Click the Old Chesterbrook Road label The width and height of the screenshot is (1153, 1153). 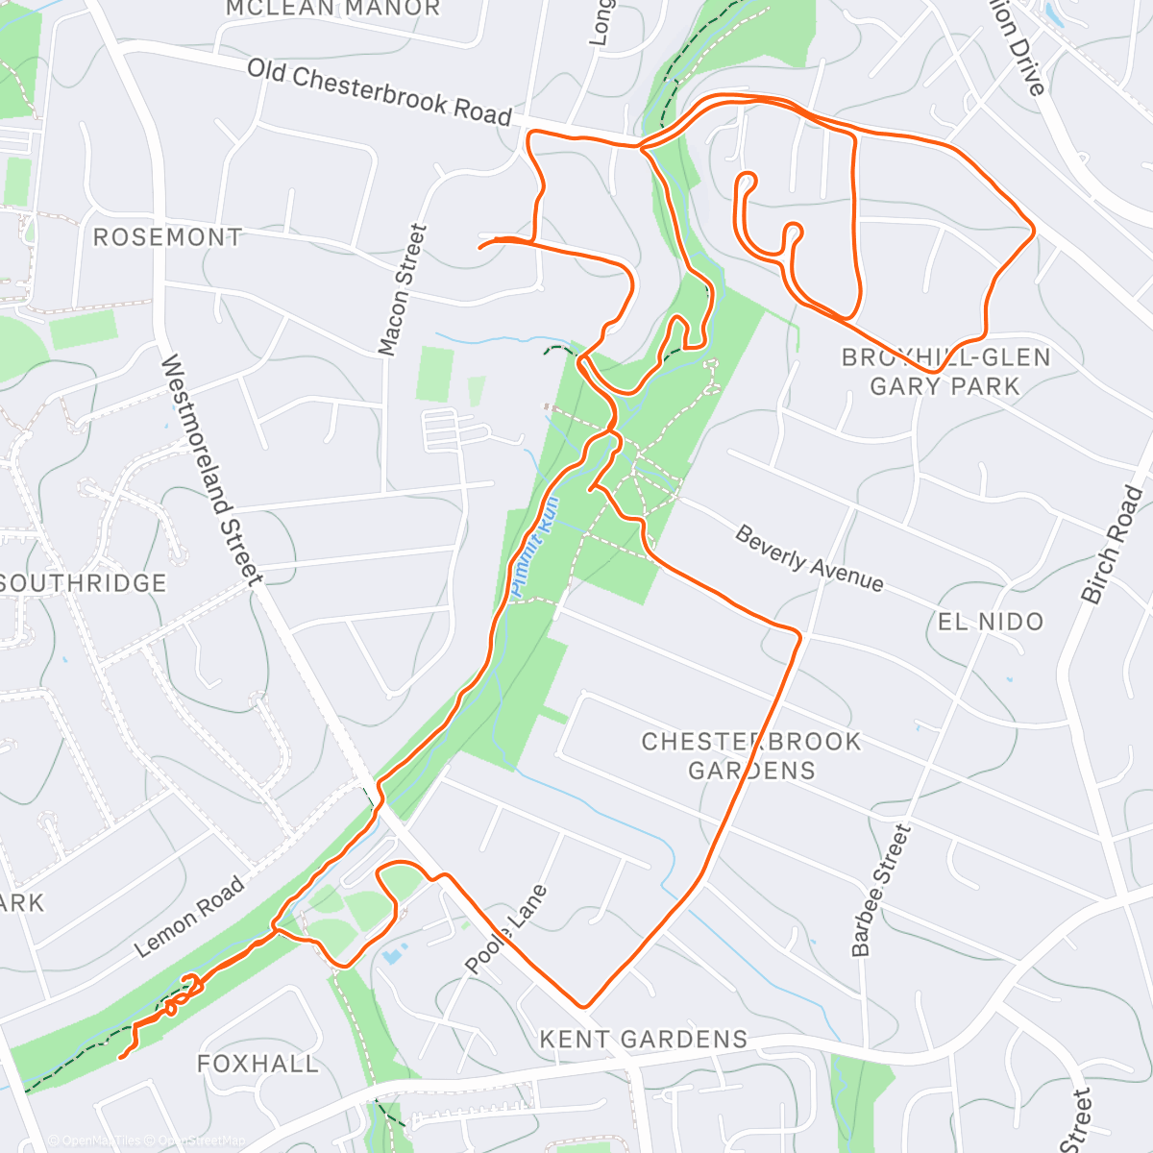coord(380,93)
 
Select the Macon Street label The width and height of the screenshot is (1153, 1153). coord(402,289)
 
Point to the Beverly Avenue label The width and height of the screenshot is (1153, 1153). coord(809,557)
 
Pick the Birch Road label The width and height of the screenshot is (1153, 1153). coord(1114,545)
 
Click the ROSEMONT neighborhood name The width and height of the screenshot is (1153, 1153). coord(167,237)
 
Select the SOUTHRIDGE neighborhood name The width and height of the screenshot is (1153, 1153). coord(85,583)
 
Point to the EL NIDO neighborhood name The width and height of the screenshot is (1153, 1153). coord(990,622)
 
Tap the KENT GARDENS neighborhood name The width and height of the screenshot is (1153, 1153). coord(643,1039)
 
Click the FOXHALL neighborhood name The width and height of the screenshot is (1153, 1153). coord(258,1064)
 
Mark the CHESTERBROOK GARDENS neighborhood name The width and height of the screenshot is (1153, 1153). coord(751,755)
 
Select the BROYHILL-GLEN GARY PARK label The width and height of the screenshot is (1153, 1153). coord(945,372)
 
